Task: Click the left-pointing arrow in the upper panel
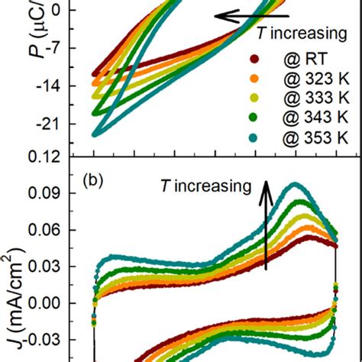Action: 251,15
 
